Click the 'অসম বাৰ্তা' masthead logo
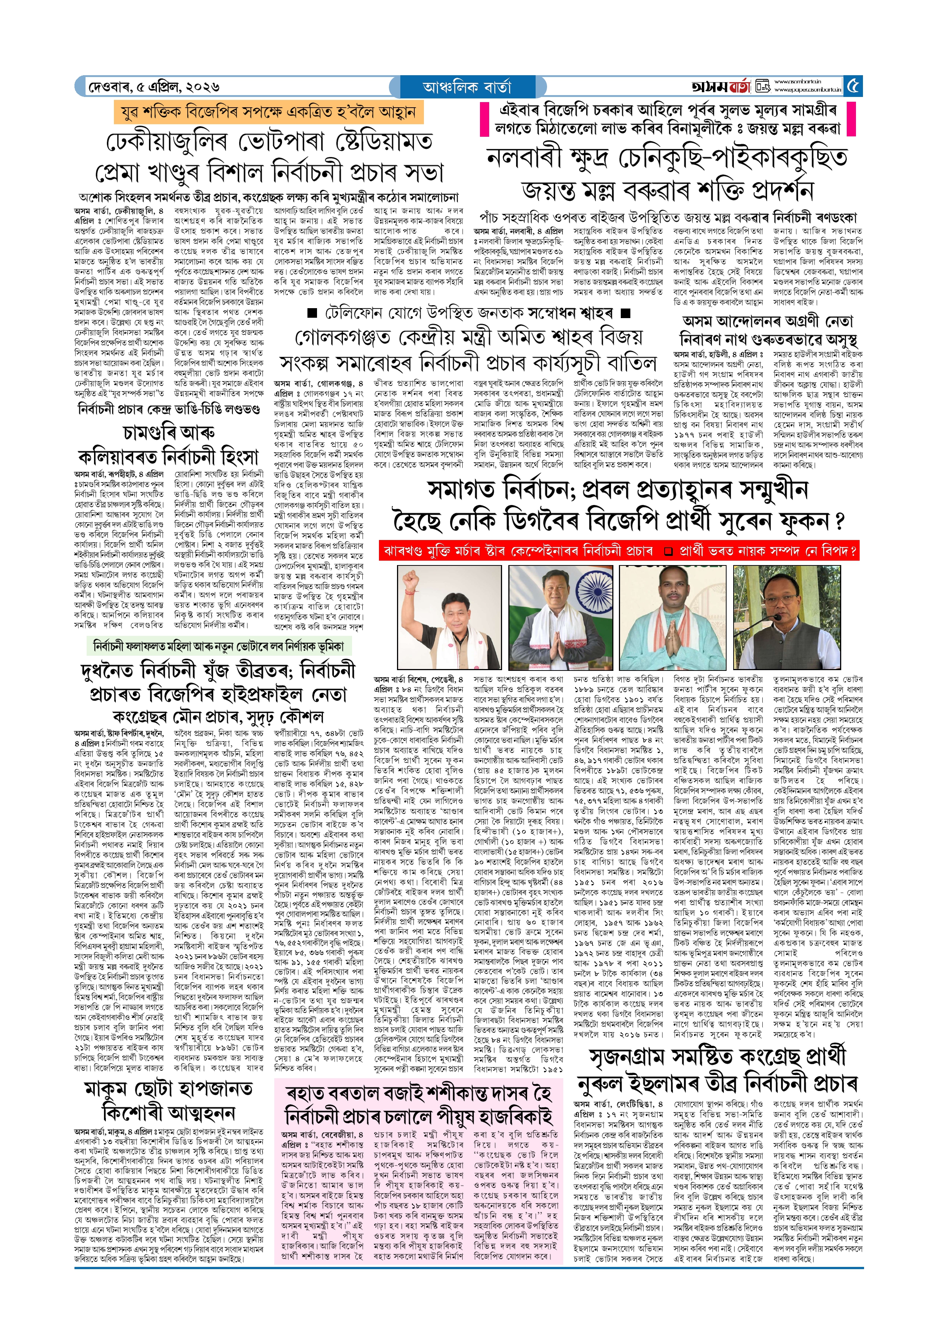721,87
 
